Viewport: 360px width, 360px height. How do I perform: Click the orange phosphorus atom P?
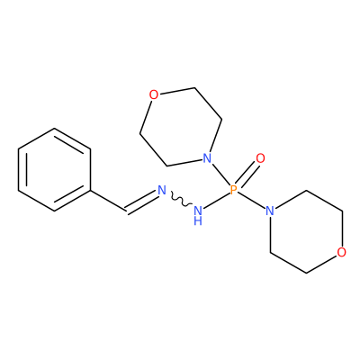pyautogui.click(x=234, y=190)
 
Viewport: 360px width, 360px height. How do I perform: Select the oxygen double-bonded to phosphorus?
pyautogui.click(x=261, y=158)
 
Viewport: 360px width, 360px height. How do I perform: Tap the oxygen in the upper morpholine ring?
pyautogui.click(x=154, y=95)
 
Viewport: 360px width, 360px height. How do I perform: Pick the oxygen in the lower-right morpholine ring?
pyautogui.click(x=341, y=253)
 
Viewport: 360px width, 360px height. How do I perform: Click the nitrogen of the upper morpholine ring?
pyautogui.click(x=207, y=158)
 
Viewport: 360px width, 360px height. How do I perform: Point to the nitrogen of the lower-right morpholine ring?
pyautogui.click(x=270, y=211)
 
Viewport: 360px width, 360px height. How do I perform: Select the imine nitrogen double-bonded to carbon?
pyautogui.click(x=162, y=190)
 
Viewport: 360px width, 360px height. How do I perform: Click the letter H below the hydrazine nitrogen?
pyautogui.click(x=198, y=221)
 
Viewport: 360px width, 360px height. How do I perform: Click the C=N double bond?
pyautogui.click(x=141, y=201)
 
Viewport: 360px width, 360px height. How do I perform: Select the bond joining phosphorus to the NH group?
pyautogui.click(x=216, y=201)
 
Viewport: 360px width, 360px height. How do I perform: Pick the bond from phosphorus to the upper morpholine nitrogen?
pyautogui.click(x=221, y=175)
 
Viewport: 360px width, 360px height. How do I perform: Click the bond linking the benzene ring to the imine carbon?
pyautogui.click(x=108, y=201)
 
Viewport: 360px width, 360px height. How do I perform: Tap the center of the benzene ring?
pyautogui.click(x=54, y=170)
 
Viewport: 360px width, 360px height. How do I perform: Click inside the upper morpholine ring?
pyautogui.click(x=181, y=127)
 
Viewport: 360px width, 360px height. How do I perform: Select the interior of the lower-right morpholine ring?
pyautogui.click(x=306, y=231)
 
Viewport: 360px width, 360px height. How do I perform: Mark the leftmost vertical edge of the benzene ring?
pyautogui.click(x=18, y=170)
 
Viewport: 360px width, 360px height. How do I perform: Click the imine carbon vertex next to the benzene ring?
pyautogui.click(x=126, y=211)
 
